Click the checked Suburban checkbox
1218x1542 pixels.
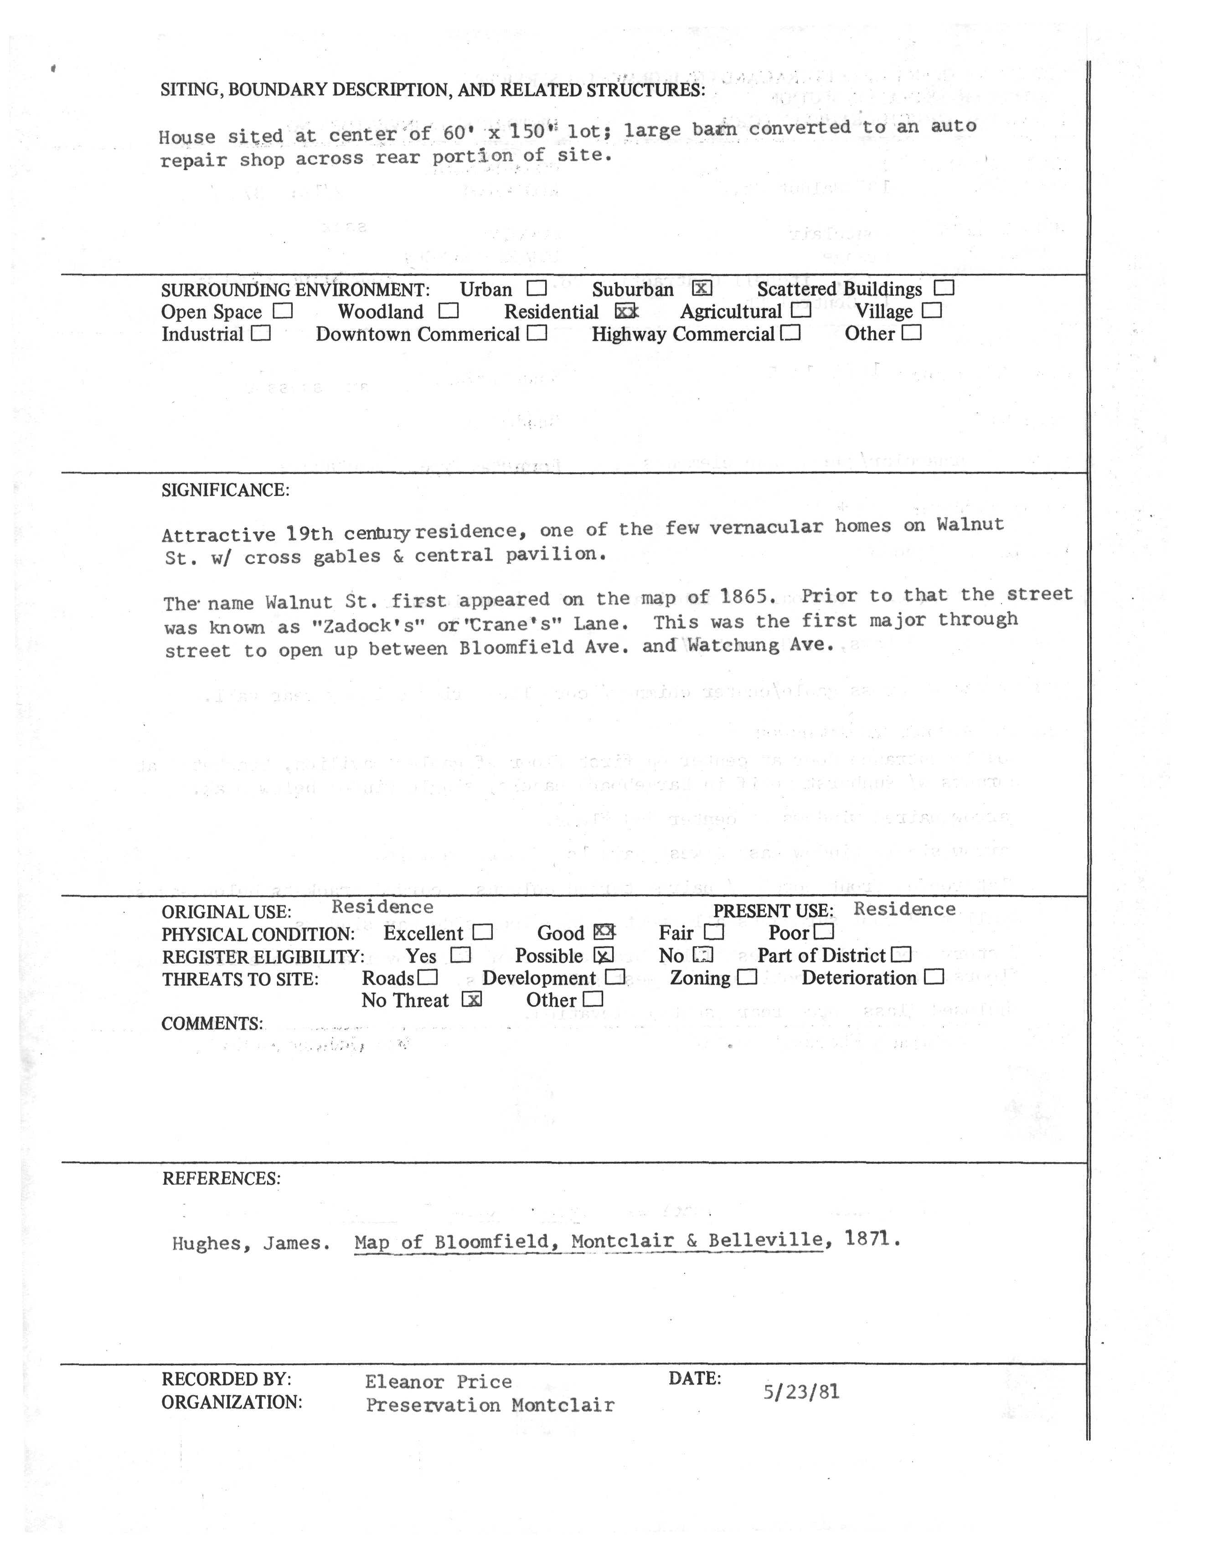(702, 289)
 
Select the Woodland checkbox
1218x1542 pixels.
(449, 311)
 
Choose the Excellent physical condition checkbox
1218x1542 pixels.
(483, 932)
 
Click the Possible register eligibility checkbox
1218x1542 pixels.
(603, 955)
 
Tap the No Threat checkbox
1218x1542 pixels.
(471, 1000)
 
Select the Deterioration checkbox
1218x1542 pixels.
(934, 977)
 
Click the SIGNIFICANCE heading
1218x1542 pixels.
(225, 490)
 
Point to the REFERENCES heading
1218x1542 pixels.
(221, 1178)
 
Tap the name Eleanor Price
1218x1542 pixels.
(438, 1382)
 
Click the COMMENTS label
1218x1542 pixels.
(212, 1024)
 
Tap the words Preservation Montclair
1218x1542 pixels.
(490, 1405)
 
